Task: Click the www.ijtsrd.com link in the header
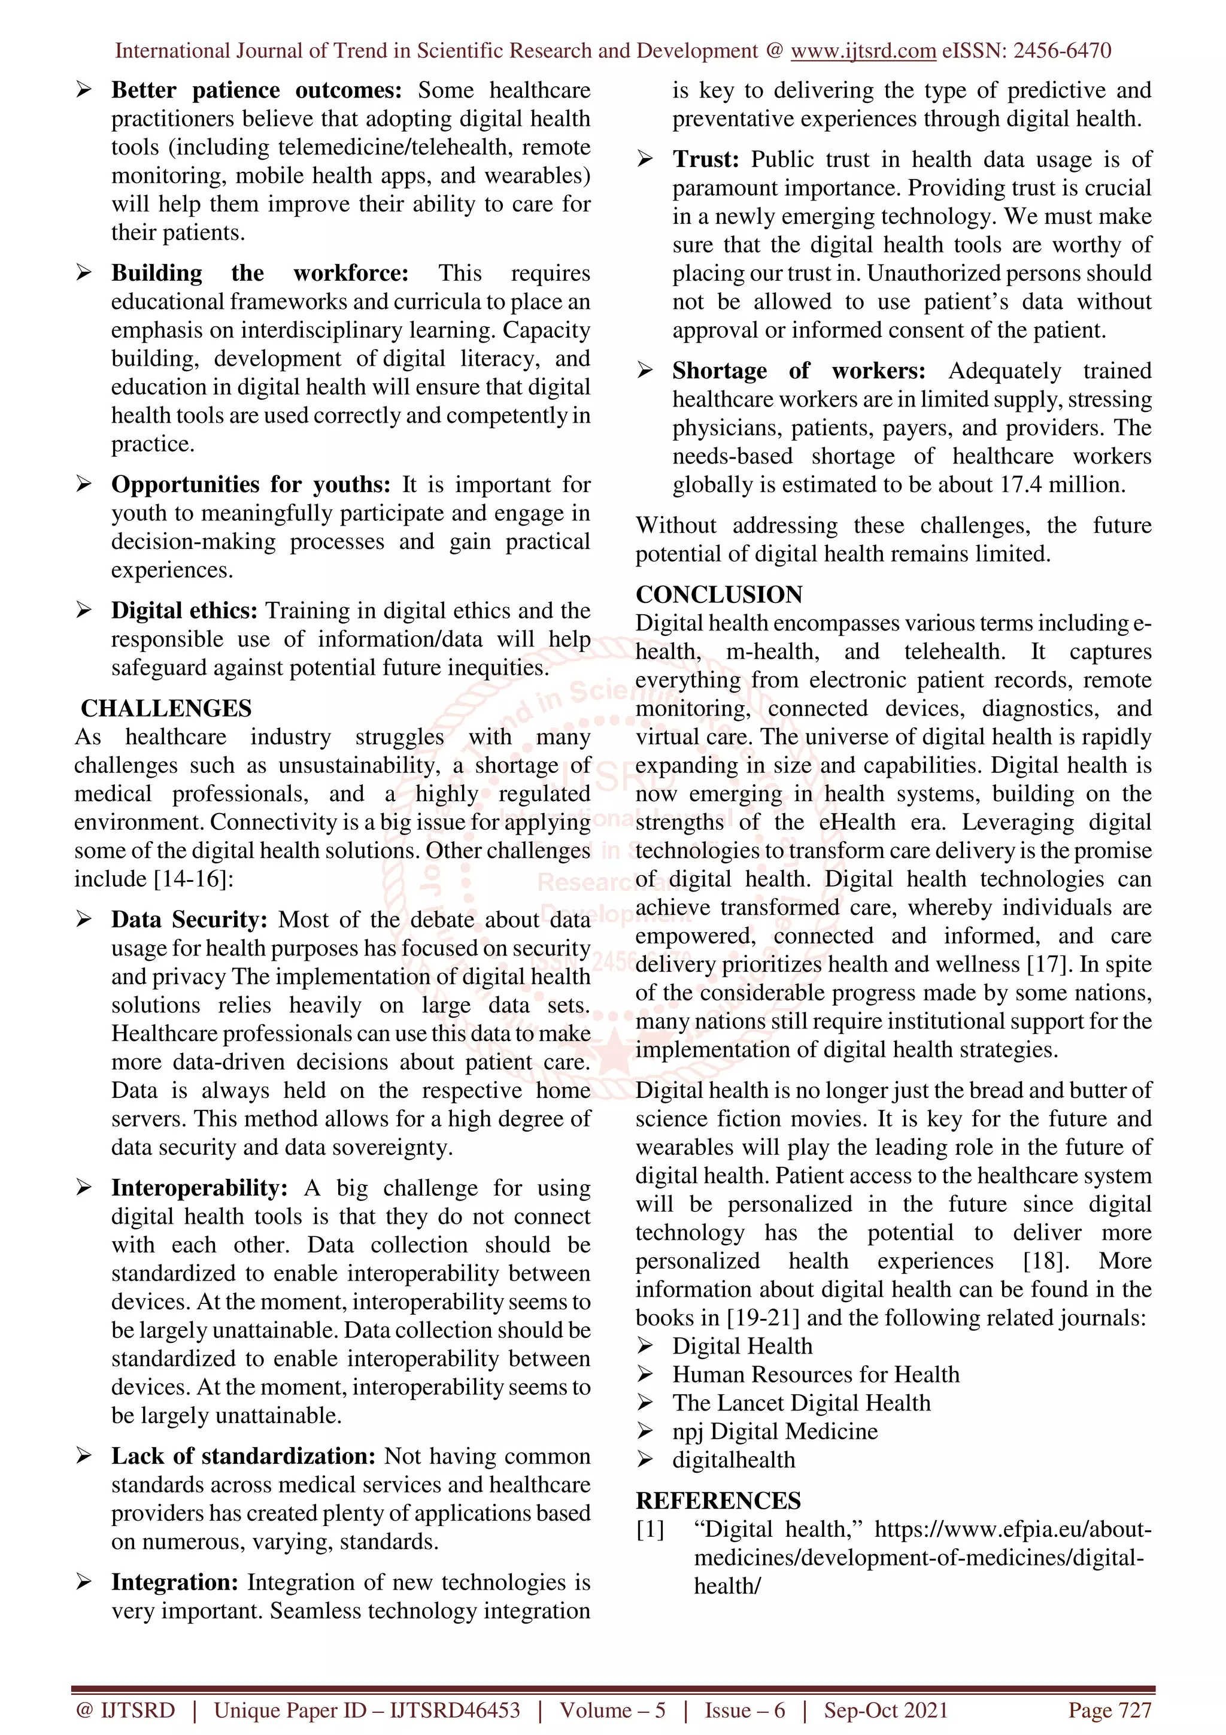click(x=863, y=51)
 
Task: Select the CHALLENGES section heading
click(x=166, y=708)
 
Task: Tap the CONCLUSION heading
click(x=718, y=594)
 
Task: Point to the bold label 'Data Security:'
click(x=189, y=920)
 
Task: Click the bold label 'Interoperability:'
click(x=199, y=1188)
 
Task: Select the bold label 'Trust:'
click(x=706, y=159)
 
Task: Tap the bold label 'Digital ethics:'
click(x=184, y=611)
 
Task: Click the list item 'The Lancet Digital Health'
click(x=802, y=1403)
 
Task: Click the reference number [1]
click(x=650, y=1530)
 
